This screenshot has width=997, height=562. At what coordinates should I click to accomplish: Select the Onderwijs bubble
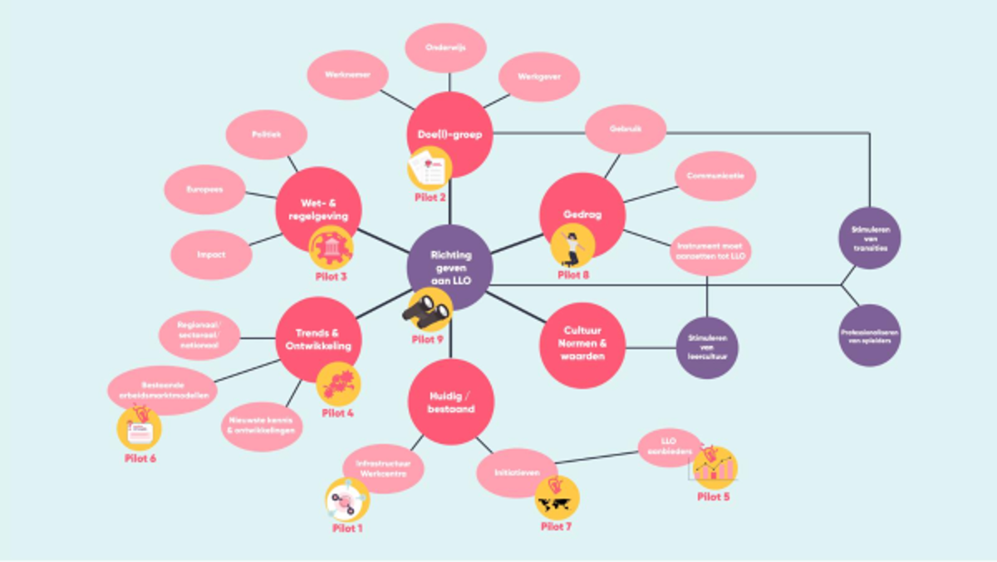[445, 48]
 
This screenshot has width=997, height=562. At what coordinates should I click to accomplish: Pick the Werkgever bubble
[538, 76]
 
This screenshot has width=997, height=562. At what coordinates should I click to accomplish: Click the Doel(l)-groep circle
[449, 133]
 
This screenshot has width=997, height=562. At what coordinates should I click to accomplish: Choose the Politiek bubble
[266, 134]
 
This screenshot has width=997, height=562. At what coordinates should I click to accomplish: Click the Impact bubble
[211, 254]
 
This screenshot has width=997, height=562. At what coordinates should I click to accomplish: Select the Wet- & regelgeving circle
[318, 210]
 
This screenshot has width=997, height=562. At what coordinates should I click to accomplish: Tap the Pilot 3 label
[332, 277]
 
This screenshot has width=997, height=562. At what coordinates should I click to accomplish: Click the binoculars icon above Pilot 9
[428, 309]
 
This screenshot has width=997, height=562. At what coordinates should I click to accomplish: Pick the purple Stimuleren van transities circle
[869, 238]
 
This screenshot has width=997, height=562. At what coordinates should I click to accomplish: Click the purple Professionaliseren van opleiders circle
[869, 336]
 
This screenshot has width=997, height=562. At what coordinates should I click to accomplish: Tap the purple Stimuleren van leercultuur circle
[707, 348]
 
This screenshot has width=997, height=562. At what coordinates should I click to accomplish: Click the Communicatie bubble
[715, 176]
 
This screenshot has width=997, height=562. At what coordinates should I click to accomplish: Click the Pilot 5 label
[713, 497]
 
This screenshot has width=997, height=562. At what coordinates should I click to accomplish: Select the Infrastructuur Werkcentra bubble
[383, 468]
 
